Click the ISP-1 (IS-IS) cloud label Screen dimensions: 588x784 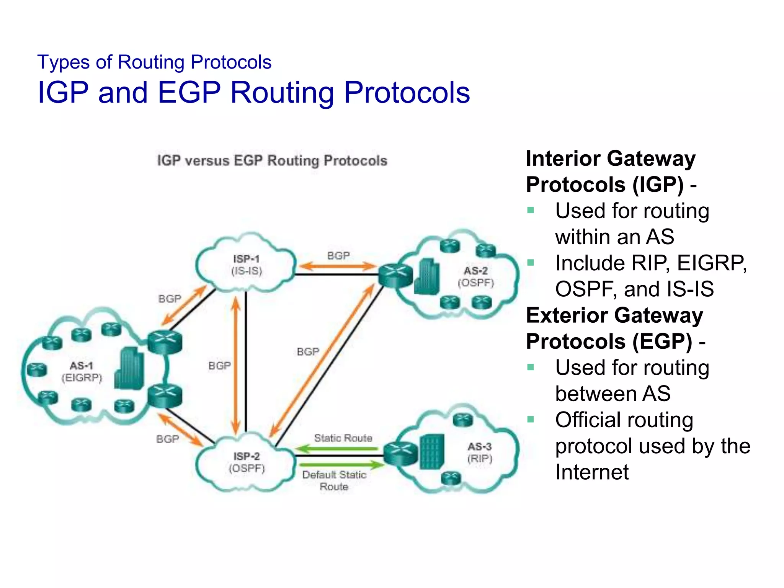(x=247, y=265)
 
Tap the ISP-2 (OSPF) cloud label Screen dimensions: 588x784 (x=247, y=462)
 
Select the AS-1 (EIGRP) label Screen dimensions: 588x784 (x=82, y=372)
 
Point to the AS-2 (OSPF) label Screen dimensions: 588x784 (x=476, y=277)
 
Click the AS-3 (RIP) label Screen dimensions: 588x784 (x=479, y=452)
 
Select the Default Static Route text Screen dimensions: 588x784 (x=334, y=480)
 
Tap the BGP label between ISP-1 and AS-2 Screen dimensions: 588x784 (x=338, y=255)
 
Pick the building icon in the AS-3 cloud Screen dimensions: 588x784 (x=432, y=452)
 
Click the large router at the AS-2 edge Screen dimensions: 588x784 (x=395, y=276)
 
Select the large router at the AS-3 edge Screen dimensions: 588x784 (x=401, y=453)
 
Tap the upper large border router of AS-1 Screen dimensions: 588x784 (x=165, y=342)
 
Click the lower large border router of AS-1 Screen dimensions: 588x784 (x=165, y=395)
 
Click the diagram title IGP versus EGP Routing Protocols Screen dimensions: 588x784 (x=272, y=160)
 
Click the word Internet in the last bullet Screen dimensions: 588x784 (x=592, y=472)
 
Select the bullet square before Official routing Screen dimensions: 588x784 (x=531, y=420)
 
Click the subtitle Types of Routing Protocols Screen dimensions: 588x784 (x=154, y=62)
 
